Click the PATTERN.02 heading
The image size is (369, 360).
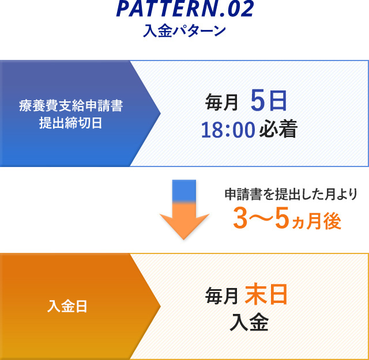point(185,9)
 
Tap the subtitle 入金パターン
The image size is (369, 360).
point(184,31)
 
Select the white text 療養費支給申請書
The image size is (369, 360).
point(71,106)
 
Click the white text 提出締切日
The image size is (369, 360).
point(70,123)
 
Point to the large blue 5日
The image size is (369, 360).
point(269,101)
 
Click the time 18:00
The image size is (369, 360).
point(228,130)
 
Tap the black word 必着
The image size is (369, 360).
point(278,129)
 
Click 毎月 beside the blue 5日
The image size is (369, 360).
point(221,103)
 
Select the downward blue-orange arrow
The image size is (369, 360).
point(184,210)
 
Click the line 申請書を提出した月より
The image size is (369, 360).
point(291,194)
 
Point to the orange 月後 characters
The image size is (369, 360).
point(324,221)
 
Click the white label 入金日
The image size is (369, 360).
point(67,306)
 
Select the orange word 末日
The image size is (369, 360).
point(266,294)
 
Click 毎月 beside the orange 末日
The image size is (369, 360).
point(221,296)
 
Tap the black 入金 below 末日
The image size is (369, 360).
point(249,322)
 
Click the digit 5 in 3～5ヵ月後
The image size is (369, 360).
point(282,218)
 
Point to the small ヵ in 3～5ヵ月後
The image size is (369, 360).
point(298,223)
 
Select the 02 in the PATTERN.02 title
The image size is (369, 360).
point(241,9)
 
